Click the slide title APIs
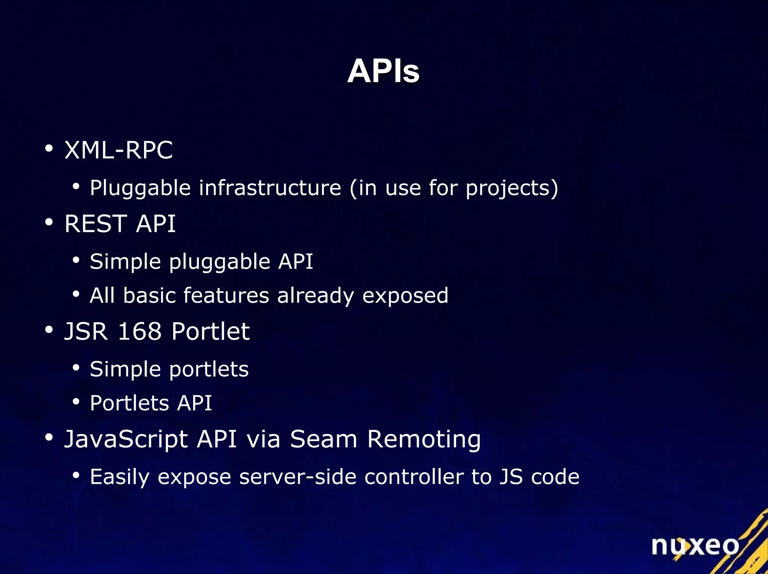click(383, 71)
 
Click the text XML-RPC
click(118, 150)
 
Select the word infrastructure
click(270, 188)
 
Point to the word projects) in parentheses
click(512, 188)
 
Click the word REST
click(96, 224)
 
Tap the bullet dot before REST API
click(49, 222)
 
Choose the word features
click(226, 295)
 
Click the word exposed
click(405, 296)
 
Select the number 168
click(139, 331)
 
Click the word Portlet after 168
click(210, 331)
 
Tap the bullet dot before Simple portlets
click(76, 368)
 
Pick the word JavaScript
click(126, 439)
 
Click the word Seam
click(324, 439)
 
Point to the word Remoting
click(424, 439)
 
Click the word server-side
click(297, 477)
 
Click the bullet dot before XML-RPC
click(49, 148)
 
